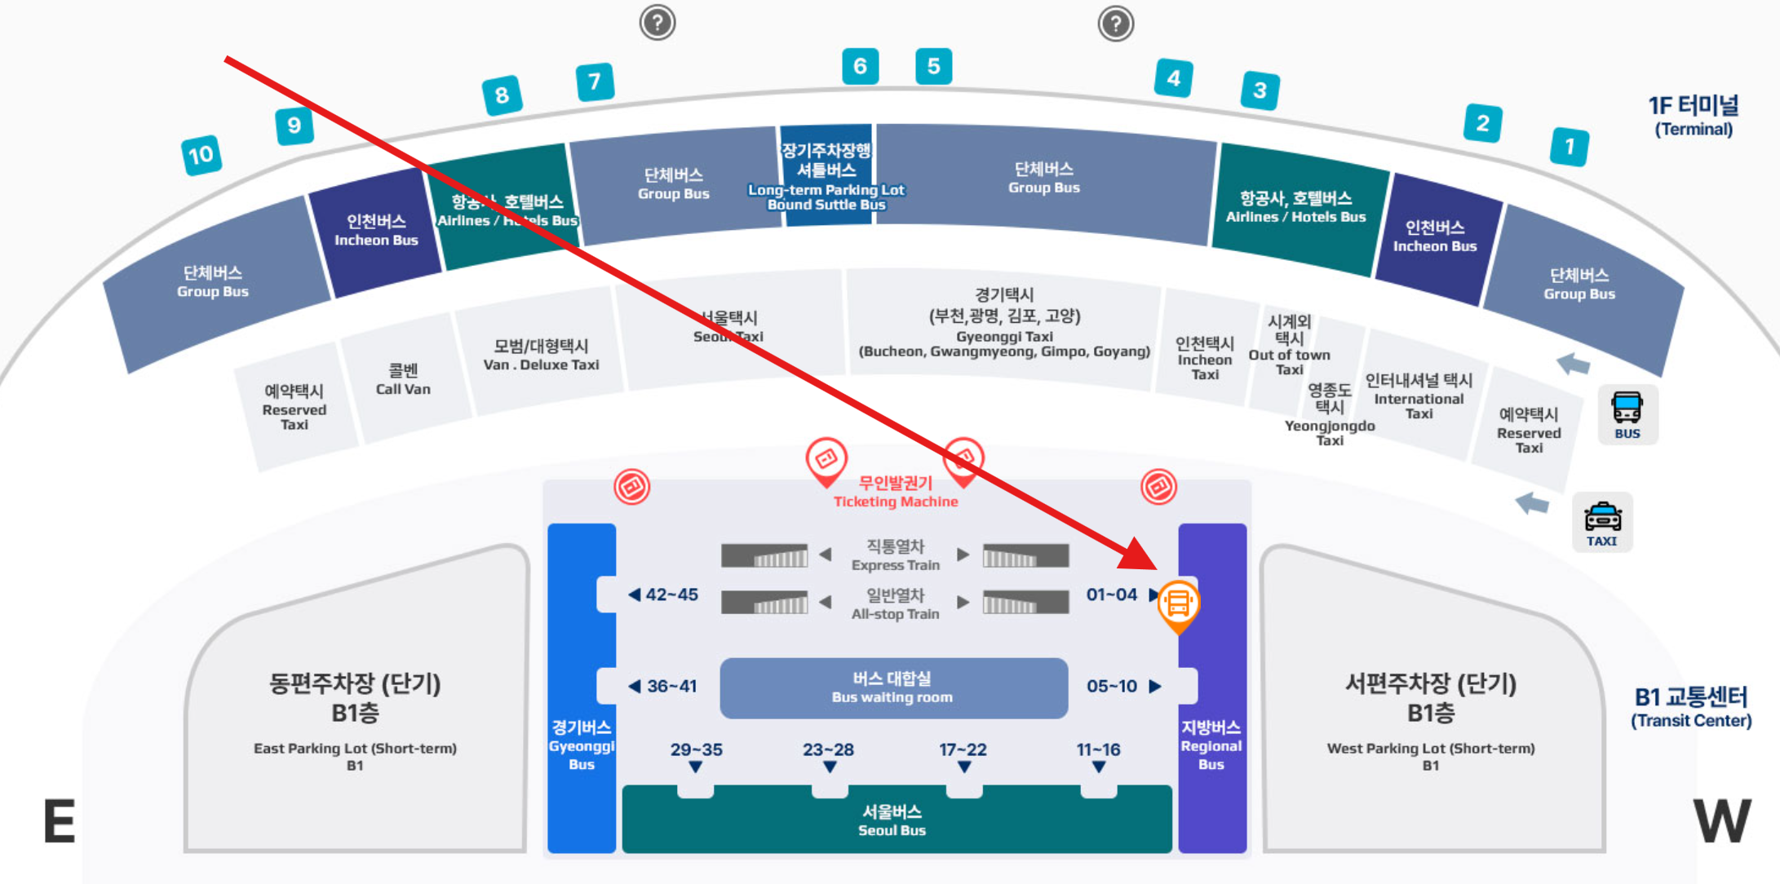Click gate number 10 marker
coord(201,155)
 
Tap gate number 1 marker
coord(1569,147)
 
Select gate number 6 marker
coord(860,66)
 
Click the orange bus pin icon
coord(1178,604)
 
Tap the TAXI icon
coord(1602,523)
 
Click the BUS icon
coord(1627,414)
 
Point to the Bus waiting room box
coord(893,687)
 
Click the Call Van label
coord(403,379)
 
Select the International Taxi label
coord(1419,396)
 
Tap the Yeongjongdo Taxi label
coord(1330,415)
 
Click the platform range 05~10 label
coord(1112,686)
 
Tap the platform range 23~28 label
coord(828,749)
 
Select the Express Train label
coord(895,555)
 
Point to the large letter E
coord(59,820)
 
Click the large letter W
coord(1722,820)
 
